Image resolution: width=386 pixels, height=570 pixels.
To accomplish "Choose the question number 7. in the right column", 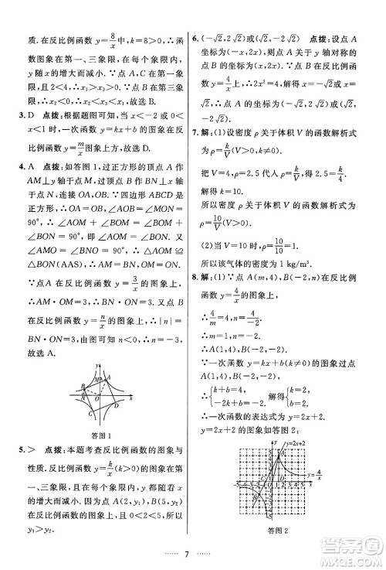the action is tap(198, 131).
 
